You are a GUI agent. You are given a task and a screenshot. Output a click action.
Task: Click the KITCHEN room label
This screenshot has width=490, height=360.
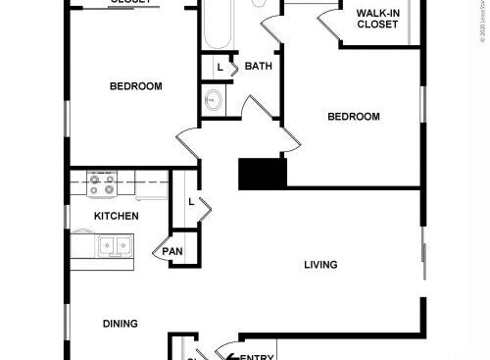pos(116,216)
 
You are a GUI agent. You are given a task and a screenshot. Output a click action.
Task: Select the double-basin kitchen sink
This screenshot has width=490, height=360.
pos(116,245)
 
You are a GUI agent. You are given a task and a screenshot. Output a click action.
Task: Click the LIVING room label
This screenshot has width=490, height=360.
pos(320,265)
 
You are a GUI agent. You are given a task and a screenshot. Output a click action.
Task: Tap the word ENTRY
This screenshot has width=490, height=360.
pos(257,357)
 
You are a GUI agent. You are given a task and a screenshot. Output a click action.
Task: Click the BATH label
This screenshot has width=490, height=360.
pos(259,67)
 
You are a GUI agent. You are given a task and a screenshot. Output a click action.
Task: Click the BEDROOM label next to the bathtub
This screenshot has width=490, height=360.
pos(135,86)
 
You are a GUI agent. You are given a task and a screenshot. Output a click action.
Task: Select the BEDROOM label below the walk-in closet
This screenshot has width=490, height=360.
pos(353,117)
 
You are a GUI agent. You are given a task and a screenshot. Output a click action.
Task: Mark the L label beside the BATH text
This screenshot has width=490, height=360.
pos(219,67)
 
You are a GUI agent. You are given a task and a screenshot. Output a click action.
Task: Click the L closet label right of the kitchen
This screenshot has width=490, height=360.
pos(190,201)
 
